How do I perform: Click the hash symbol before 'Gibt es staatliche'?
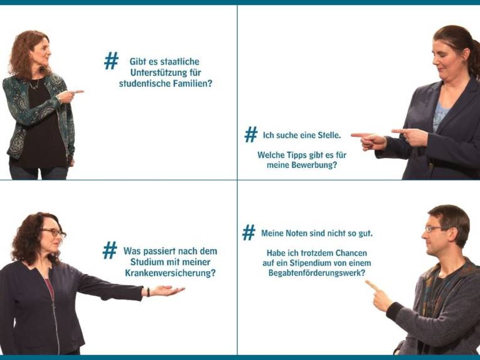click(111, 61)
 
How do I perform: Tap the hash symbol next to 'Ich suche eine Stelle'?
click(251, 134)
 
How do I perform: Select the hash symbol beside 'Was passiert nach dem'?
click(110, 251)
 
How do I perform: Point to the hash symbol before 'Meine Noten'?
click(249, 233)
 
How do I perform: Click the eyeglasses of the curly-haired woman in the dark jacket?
click(55, 233)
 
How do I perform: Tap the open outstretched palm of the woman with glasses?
click(168, 290)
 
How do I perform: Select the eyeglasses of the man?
click(434, 229)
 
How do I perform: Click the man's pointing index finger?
click(370, 284)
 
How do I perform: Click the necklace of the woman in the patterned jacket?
click(35, 84)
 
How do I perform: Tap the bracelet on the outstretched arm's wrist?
click(148, 292)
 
